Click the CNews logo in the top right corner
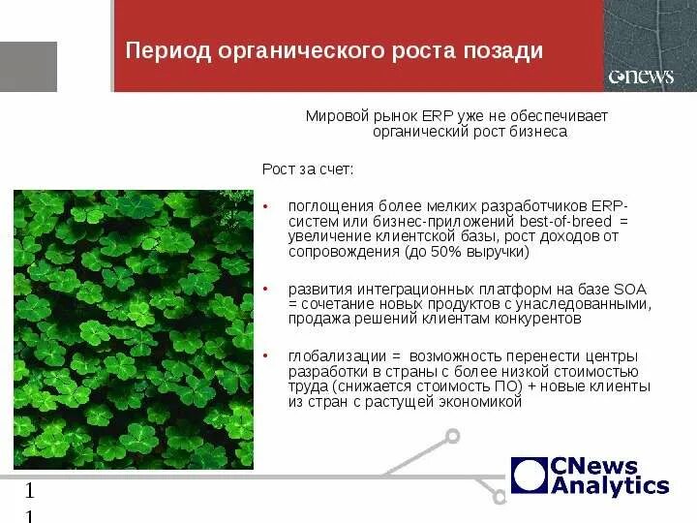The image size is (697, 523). point(640,77)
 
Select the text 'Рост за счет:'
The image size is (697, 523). point(308,169)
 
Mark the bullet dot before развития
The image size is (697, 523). point(265,290)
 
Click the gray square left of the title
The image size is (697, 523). point(28,67)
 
